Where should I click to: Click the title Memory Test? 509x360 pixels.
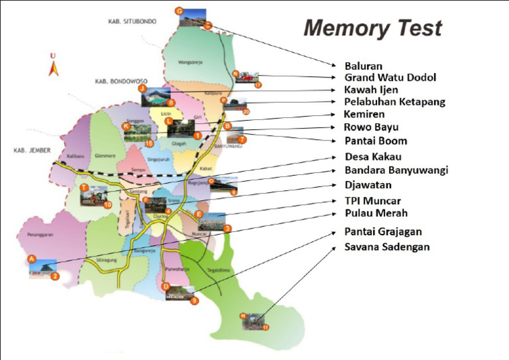372,28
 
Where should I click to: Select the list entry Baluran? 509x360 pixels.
363,66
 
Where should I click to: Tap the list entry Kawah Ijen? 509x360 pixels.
372,90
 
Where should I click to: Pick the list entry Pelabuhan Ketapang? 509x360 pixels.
394,101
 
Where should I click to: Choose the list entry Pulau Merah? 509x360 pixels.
376,213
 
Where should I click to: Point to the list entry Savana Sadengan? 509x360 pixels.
387,247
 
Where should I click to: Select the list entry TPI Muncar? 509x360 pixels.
372,200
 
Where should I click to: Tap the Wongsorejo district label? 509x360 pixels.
194,63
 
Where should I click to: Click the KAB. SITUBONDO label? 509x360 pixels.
132,21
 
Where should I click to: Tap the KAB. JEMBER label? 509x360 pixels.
32,150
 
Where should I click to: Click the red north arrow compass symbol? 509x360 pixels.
53,65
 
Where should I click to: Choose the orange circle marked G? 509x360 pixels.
179,11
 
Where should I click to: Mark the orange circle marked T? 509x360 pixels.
84,188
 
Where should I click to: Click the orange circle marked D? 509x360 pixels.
166,286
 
